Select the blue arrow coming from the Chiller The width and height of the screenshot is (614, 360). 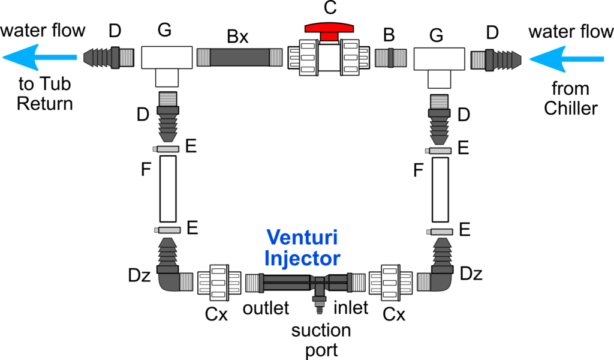coord(567,59)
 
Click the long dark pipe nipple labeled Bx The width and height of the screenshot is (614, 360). coord(239,57)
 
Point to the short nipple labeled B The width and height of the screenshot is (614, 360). coord(390,58)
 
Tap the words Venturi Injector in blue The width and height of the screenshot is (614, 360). coord(302,248)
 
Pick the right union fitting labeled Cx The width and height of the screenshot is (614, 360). coord(390,283)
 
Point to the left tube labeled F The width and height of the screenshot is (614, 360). coord(168,189)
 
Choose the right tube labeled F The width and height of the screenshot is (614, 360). coord(440,190)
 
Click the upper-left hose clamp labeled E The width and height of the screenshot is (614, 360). coord(166,149)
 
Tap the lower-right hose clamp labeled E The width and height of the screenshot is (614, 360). coord(440,232)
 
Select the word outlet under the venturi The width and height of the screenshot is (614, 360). coord(266,308)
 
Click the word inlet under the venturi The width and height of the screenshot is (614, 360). coord(351,308)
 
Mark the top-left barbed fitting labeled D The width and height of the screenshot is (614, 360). coord(109,58)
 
